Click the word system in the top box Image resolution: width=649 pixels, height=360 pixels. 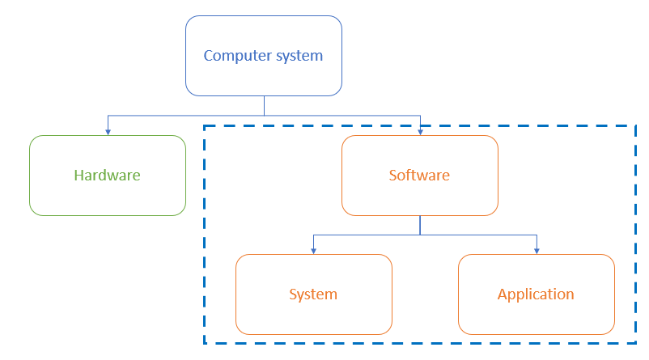[x=299, y=56]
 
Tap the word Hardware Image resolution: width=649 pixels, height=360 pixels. [x=107, y=175]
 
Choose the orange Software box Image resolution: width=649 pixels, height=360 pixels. [x=419, y=197]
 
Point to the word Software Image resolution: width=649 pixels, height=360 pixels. [x=419, y=175]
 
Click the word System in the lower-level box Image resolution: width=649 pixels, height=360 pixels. [x=313, y=294]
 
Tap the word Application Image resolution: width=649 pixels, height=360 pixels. [x=536, y=294]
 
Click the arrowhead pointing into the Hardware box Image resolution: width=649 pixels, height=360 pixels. [x=108, y=131]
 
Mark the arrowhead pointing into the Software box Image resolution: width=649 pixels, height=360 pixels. [x=419, y=131]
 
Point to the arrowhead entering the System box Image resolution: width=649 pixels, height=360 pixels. [x=313, y=250]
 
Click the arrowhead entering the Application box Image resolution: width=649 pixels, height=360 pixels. [x=536, y=250]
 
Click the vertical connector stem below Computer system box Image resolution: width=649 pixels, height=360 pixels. [x=264, y=105]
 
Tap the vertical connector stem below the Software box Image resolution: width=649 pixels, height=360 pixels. [x=419, y=225]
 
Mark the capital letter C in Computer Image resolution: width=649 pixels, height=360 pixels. [x=208, y=56]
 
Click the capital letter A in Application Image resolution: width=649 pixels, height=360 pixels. [x=503, y=294]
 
